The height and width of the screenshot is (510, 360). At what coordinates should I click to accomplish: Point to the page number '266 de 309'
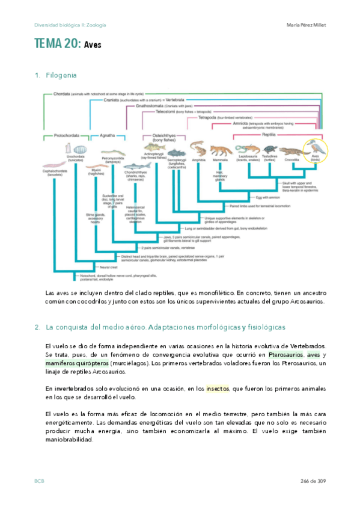coord(312,481)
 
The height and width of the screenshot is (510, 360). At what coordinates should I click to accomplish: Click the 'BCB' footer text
coord(39,481)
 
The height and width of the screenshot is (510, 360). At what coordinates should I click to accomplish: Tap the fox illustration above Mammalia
coord(221,150)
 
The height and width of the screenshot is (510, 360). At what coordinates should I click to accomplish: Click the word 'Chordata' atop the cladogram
coord(62,94)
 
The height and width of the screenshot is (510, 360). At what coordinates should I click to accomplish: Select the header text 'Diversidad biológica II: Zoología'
coord(70,25)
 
